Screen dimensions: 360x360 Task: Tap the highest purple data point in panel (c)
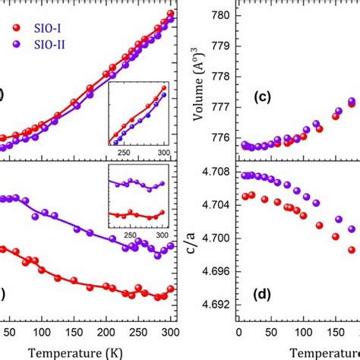[x=352, y=101]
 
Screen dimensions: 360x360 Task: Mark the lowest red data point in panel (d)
[x=352, y=249]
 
